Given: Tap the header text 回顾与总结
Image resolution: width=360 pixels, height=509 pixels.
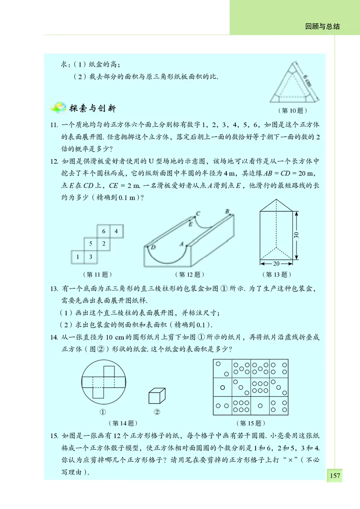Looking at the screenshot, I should coord(322,27).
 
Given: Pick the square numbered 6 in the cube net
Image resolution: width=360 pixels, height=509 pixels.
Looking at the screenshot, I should coord(103,232).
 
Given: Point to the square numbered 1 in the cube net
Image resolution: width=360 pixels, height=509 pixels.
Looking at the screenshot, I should coord(78,257).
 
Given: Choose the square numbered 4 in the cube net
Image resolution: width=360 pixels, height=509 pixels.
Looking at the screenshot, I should coord(116,232).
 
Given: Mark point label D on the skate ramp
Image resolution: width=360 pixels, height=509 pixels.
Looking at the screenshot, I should coord(153,247).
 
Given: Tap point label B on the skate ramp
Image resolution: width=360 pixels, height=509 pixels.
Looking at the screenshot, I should coord(227,211).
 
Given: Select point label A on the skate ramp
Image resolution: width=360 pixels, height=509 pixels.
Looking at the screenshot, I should coord(182,245).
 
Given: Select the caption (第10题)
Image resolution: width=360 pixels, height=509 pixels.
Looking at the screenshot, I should coord(292,110).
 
